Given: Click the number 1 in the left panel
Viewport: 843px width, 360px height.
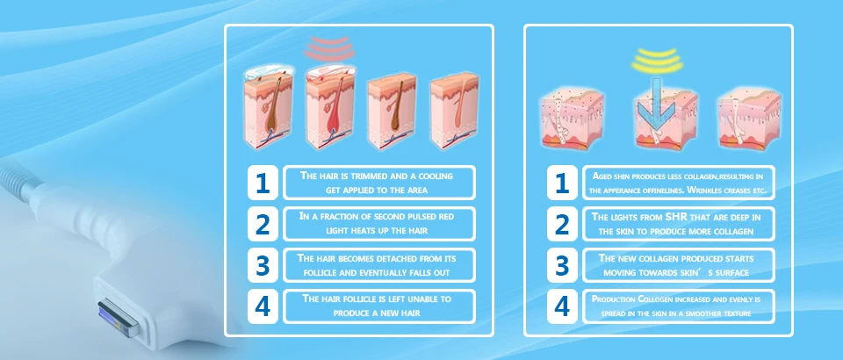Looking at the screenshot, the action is (x=263, y=183).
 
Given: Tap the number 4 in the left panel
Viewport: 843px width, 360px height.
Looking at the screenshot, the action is (x=263, y=306).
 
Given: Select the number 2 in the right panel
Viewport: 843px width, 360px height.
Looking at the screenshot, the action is (x=562, y=224).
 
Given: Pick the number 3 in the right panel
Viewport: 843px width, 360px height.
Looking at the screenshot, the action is (x=562, y=265).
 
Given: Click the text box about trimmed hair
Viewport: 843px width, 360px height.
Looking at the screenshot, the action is (x=379, y=183).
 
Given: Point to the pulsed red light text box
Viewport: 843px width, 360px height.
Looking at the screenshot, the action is (x=379, y=224).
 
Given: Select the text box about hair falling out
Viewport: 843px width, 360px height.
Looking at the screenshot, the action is (x=379, y=265).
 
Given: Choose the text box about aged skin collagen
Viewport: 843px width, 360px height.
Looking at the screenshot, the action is (x=679, y=183).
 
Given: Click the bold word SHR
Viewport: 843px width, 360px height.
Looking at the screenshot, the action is (x=677, y=217).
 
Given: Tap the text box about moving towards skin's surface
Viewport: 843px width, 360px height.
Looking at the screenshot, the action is (x=679, y=265).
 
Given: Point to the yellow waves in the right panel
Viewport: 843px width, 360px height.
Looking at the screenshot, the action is (x=657, y=61).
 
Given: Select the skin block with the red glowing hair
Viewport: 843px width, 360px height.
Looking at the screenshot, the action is (x=330, y=107).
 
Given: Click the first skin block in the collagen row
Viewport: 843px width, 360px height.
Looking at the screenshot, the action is (x=572, y=119).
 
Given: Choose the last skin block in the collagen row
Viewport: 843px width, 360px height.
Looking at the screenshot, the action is (x=749, y=119).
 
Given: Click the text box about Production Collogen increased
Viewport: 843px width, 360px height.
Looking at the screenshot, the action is (x=679, y=306).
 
